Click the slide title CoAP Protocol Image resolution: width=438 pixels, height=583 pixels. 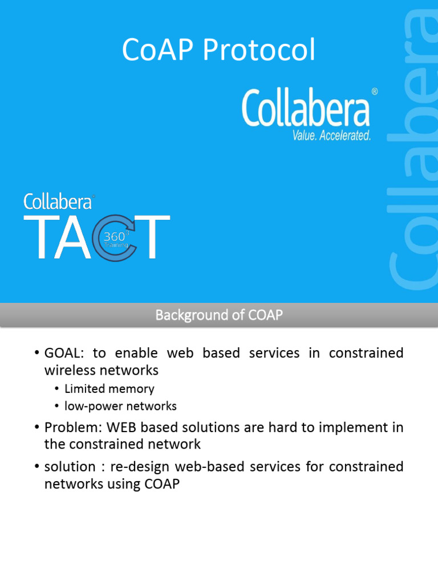pos(218,51)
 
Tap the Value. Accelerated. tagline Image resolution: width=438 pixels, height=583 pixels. pos(331,135)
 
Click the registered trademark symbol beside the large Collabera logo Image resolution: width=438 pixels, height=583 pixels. pos(374,91)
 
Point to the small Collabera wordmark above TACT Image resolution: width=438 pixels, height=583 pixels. pos(58,202)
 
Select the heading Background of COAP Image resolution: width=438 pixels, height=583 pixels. pos(219,315)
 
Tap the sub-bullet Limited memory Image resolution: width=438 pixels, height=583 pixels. pos(109,389)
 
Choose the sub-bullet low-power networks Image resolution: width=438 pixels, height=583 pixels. pos(120,406)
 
